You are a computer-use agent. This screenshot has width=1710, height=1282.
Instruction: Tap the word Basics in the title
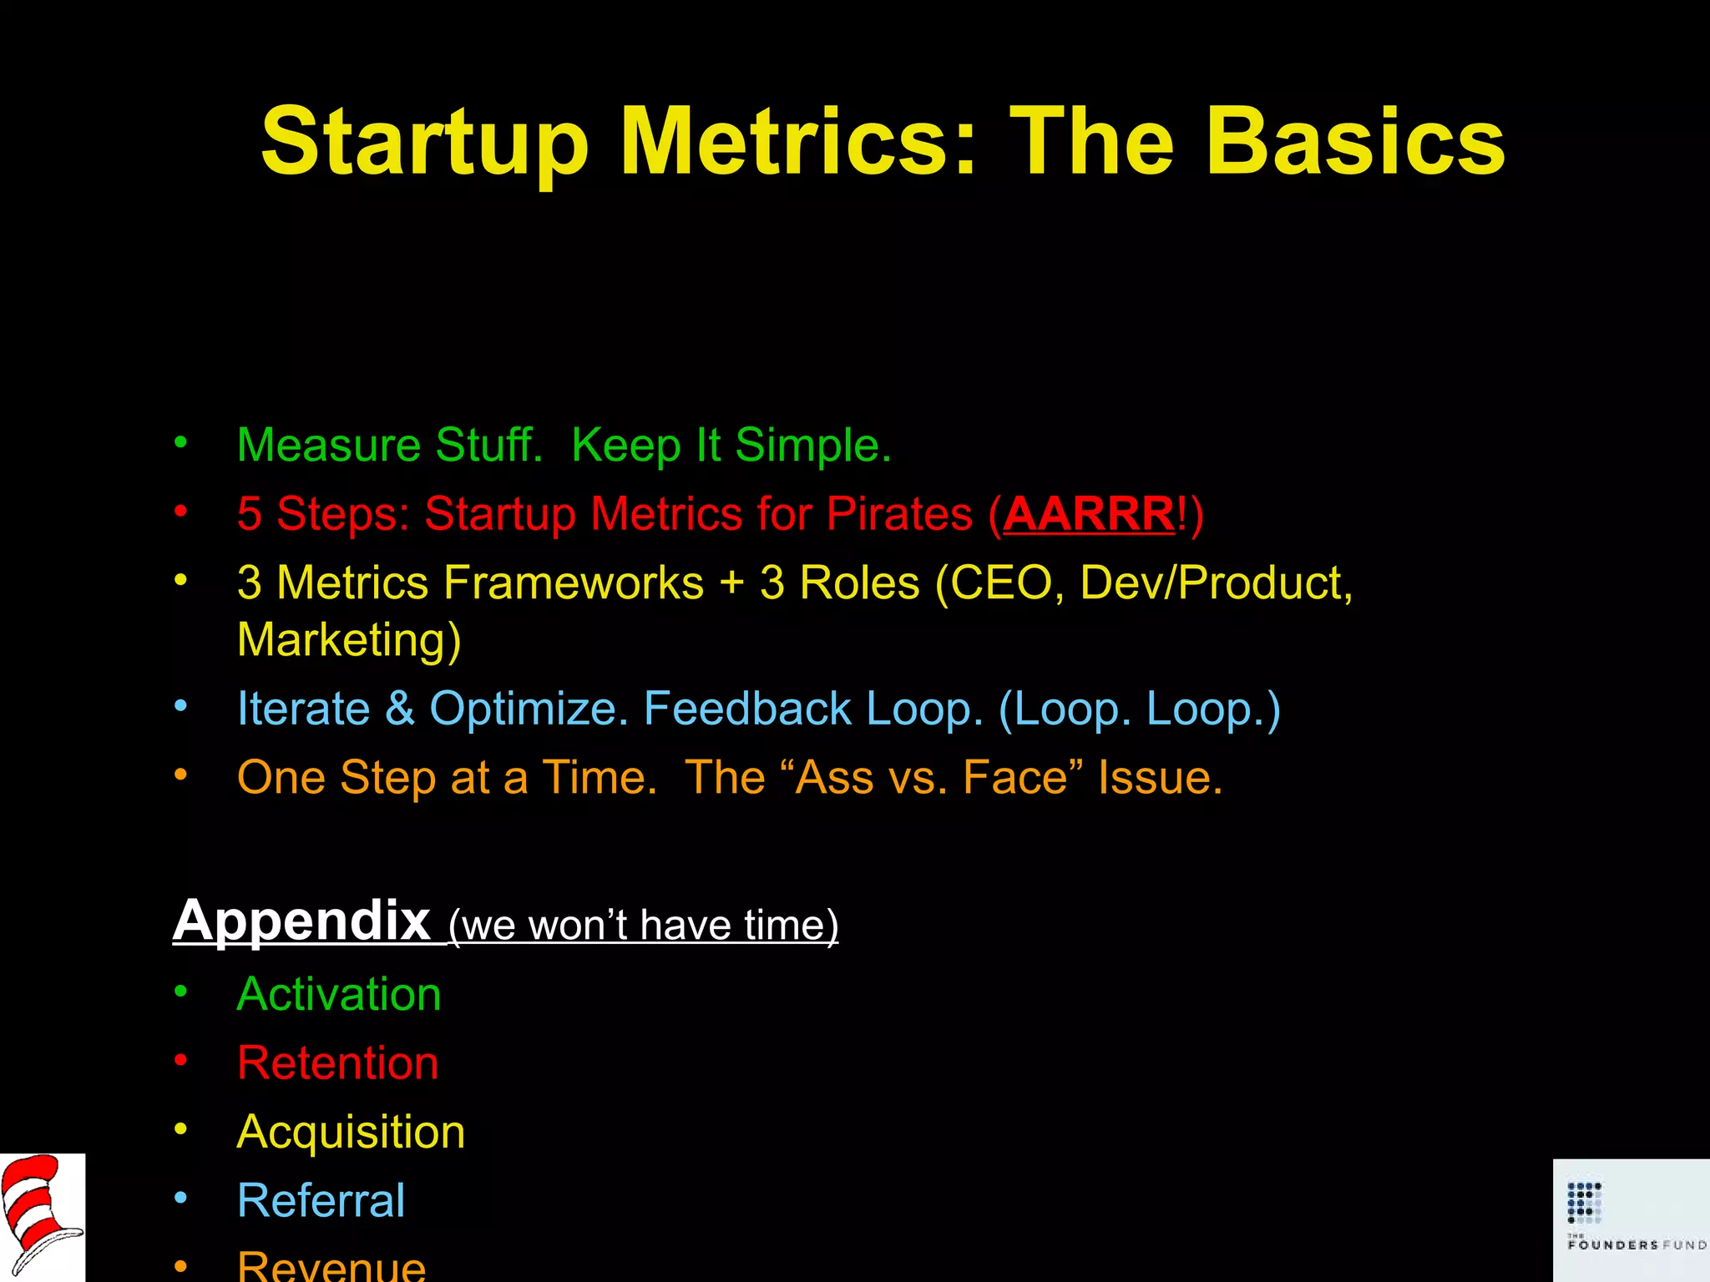[x=1355, y=142]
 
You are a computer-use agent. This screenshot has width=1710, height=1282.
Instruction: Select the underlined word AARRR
[x=1089, y=513]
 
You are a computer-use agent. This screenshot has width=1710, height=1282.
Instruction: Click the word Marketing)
[x=349, y=640]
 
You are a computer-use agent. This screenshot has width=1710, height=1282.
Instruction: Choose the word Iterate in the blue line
[x=303, y=709]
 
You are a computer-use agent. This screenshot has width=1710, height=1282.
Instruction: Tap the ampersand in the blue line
[x=400, y=709]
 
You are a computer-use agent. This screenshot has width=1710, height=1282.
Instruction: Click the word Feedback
[x=747, y=709]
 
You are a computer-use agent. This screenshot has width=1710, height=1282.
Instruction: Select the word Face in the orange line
[x=1015, y=777]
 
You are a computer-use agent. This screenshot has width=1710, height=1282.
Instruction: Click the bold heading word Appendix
[x=301, y=921]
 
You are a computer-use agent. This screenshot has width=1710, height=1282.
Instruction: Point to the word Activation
[x=339, y=994]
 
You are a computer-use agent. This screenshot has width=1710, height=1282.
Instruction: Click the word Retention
[x=337, y=1062]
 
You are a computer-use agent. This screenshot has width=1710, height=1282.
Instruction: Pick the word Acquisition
[x=351, y=1133]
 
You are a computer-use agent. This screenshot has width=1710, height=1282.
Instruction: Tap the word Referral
[x=321, y=1200]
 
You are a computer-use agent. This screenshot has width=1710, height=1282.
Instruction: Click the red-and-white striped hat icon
[x=41, y=1217]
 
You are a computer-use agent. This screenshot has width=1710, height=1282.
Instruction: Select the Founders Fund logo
[x=1631, y=1219]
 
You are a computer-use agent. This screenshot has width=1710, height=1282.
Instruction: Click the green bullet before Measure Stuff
[x=181, y=442]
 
